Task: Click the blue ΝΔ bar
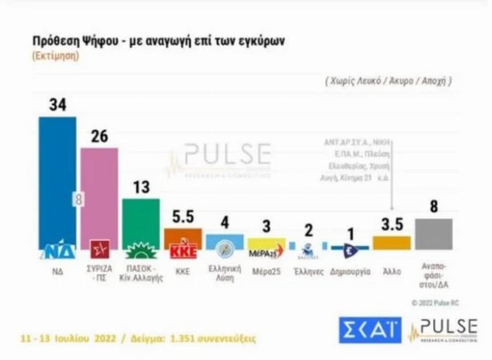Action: coord(57,180)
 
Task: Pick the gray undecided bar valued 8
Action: coord(434,234)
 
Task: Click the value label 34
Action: coord(57,104)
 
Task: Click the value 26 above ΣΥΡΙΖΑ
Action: coord(99,137)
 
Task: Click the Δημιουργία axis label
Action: coord(350,270)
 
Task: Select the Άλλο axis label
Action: coord(391,270)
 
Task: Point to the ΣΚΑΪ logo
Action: coord(370,330)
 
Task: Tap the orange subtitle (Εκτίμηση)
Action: coord(55,56)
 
